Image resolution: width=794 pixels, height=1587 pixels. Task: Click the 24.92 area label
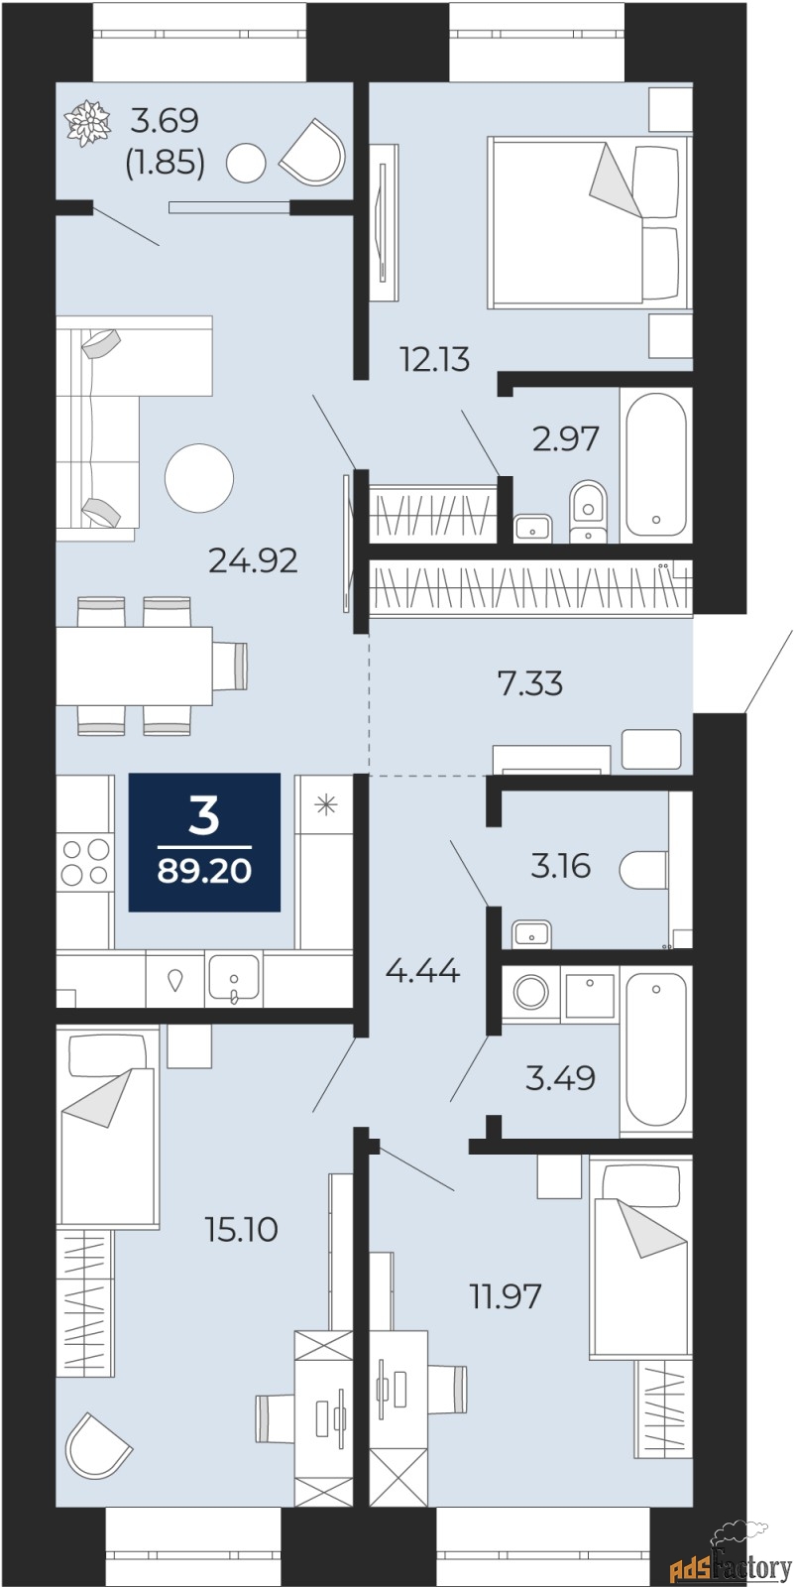(x=253, y=561)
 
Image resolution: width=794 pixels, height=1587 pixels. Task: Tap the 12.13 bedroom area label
(x=435, y=360)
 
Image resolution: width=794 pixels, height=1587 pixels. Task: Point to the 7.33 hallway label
(x=530, y=684)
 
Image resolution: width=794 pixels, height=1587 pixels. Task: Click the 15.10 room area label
(x=242, y=1230)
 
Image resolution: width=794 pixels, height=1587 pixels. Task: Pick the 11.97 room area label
(x=506, y=1296)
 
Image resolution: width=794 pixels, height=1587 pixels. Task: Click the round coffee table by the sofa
(x=199, y=478)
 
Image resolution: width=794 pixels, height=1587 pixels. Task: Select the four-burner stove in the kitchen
(x=85, y=862)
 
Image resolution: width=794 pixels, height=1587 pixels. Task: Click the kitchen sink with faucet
(x=234, y=978)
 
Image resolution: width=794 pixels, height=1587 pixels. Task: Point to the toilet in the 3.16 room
(x=643, y=869)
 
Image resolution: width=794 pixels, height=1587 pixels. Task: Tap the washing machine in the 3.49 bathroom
(x=530, y=992)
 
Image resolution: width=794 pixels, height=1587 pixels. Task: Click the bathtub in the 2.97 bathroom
(x=656, y=465)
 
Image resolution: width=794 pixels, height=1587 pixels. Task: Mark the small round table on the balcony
(x=246, y=164)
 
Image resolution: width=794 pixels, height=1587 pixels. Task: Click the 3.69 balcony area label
(x=165, y=121)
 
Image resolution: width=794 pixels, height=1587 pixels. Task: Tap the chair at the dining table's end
(x=231, y=666)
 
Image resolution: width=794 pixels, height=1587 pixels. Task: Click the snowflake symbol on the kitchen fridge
(x=326, y=804)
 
